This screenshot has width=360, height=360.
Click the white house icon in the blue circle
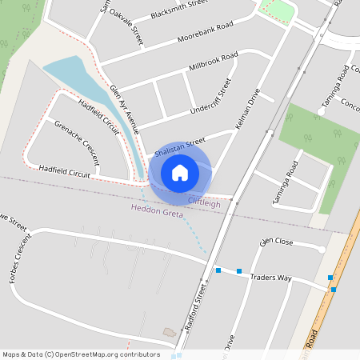point(180,172)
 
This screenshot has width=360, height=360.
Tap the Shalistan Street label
point(180,147)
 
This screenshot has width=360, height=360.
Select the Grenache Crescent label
point(76,142)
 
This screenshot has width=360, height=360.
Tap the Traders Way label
point(270,277)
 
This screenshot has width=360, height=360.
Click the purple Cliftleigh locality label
point(204,203)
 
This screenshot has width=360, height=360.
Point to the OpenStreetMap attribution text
point(81,354)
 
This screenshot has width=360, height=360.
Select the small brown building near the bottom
point(169,331)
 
